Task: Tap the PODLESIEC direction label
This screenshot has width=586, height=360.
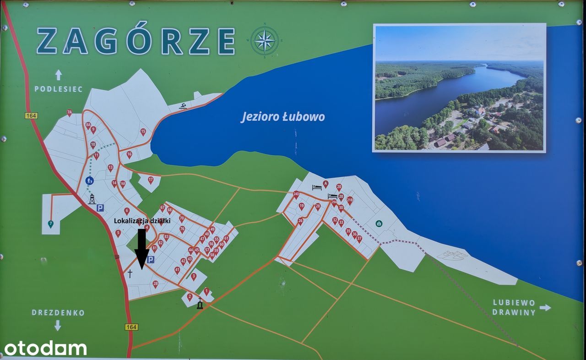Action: pos(59,89)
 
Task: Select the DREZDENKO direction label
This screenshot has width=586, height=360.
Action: pos(58,313)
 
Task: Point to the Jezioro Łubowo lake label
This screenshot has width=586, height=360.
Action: pos(283,117)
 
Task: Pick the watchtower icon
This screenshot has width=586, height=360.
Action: pos(92,199)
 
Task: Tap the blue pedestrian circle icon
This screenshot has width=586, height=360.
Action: pos(90,180)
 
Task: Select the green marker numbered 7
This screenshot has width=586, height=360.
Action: pos(50,224)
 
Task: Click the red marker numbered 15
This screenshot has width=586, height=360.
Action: pos(143,131)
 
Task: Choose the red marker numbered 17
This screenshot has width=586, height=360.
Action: pos(151,180)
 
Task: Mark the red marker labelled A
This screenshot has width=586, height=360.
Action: pos(326,184)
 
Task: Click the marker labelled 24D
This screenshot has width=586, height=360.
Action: pos(296,194)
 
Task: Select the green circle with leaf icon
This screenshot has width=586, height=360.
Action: pos(379,224)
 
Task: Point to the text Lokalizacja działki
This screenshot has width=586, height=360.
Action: pos(142,221)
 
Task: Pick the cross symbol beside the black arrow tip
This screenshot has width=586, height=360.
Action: pos(130,274)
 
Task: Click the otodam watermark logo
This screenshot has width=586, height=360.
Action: pos(45,348)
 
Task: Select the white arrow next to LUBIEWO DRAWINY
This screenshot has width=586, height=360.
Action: pos(545,307)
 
